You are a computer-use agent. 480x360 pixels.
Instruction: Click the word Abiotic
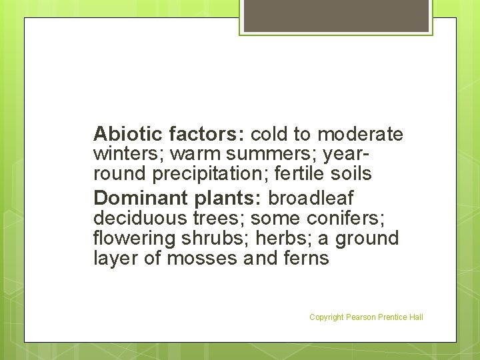tap(128, 134)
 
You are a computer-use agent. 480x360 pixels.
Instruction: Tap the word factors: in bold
tap(207, 134)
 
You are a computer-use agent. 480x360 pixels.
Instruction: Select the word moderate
tap(360, 134)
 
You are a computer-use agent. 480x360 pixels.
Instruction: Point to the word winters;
tap(129, 155)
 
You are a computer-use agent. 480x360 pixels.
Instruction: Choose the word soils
tap(353, 174)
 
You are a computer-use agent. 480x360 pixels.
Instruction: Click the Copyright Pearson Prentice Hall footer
tap(366, 317)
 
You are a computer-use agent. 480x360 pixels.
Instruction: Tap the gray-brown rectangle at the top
tap(336, 15)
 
